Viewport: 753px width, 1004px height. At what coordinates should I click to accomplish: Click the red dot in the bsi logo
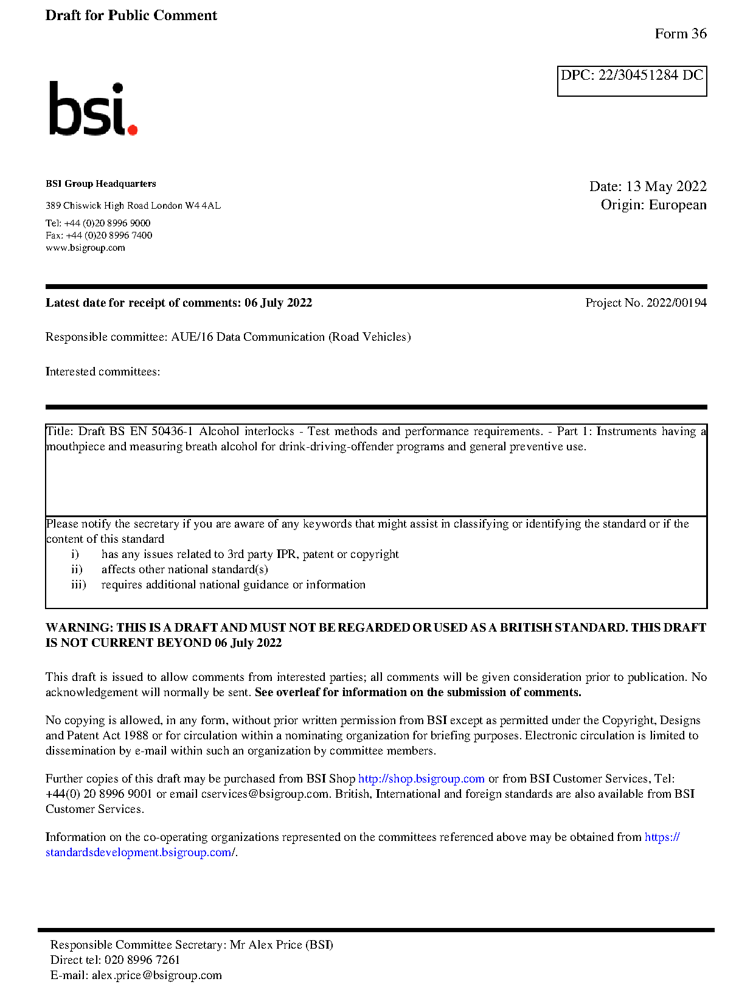click(132, 129)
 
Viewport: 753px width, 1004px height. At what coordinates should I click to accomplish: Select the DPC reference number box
click(631, 80)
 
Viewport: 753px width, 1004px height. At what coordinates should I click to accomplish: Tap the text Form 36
click(680, 34)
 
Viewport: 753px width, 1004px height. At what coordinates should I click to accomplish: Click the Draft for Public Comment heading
click(131, 15)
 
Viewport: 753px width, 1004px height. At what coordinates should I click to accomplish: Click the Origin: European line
click(653, 204)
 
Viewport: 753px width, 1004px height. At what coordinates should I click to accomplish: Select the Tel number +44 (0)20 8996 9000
click(107, 223)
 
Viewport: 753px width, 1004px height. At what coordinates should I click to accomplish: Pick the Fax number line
click(99, 235)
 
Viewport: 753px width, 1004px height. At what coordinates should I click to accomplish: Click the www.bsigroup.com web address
click(85, 248)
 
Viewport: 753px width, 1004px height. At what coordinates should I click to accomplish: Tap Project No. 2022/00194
click(645, 303)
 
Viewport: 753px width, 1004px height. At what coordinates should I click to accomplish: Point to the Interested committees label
click(102, 372)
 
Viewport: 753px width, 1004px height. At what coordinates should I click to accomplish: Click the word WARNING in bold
click(79, 628)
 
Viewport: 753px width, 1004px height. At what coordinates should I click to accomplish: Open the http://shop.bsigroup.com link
click(421, 779)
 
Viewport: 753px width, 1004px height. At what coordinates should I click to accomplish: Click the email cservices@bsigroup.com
click(265, 794)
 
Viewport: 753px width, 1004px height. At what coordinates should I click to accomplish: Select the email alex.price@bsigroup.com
click(156, 975)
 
